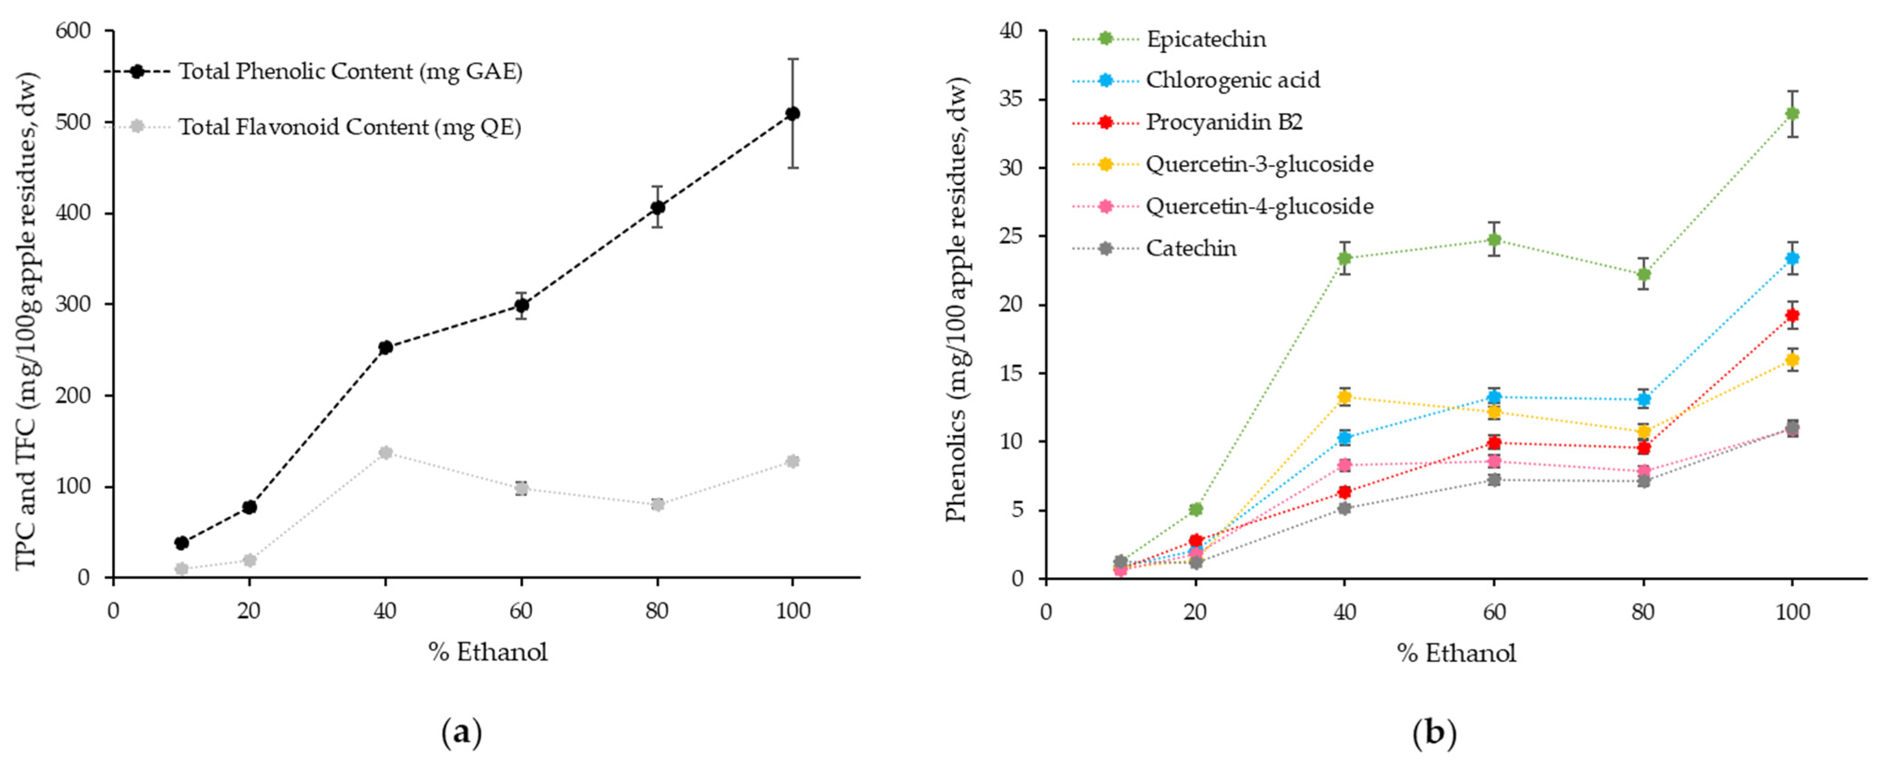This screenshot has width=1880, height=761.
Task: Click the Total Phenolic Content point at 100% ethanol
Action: coord(792,113)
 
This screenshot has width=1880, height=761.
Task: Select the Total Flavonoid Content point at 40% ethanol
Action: coord(385,452)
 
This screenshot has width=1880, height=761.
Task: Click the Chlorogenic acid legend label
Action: coord(1233,80)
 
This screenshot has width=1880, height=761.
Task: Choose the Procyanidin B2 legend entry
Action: coord(1224,122)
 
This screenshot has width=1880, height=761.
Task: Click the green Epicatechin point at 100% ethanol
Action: coord(1792,113)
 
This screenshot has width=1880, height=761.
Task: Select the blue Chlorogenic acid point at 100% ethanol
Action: coord(1792,258)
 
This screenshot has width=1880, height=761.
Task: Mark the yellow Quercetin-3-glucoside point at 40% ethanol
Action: coord(1344,397)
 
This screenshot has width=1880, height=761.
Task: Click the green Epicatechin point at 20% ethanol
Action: coord(1195,508)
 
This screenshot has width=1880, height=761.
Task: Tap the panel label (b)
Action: coord(1434,732)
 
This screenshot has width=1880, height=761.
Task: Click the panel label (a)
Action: coord(462,732)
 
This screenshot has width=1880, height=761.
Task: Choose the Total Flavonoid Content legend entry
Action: coord(350,127)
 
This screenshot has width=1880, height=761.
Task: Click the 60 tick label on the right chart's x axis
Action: coord(1494,611)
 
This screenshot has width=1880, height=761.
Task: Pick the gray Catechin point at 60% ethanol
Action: coord(1494,479)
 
